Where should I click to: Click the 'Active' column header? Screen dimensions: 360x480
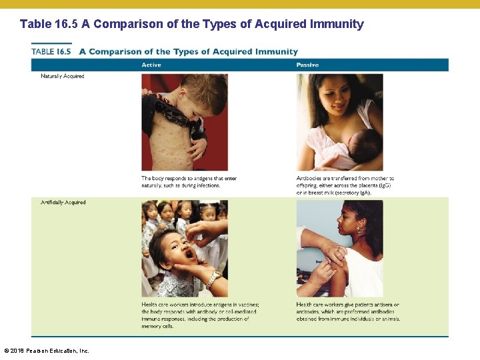pos(151,65)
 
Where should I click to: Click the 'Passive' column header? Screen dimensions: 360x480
pos(307,65)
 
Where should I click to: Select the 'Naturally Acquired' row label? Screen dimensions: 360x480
pos(62,76)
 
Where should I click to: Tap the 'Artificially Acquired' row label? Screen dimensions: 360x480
pos(63,203)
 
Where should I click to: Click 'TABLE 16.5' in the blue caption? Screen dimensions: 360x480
pos(51,51)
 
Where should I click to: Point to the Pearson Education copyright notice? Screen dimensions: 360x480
pos(47,351)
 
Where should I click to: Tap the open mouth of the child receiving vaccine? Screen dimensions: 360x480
pos(188,253)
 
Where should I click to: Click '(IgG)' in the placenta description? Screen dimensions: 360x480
pos(385,186)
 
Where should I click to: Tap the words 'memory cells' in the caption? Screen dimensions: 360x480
pos(157,327)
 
